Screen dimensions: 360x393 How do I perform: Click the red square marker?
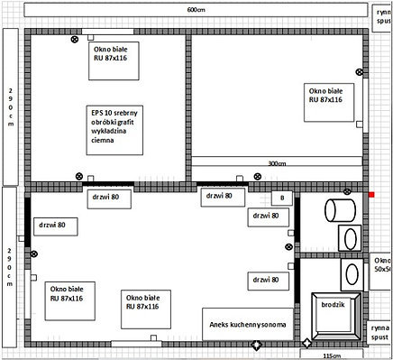point(370,194)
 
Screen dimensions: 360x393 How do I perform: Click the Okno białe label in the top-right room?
point(325,96)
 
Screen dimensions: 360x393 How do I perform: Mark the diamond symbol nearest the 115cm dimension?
point(307,344)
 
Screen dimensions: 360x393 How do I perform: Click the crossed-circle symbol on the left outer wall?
point(34,256)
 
